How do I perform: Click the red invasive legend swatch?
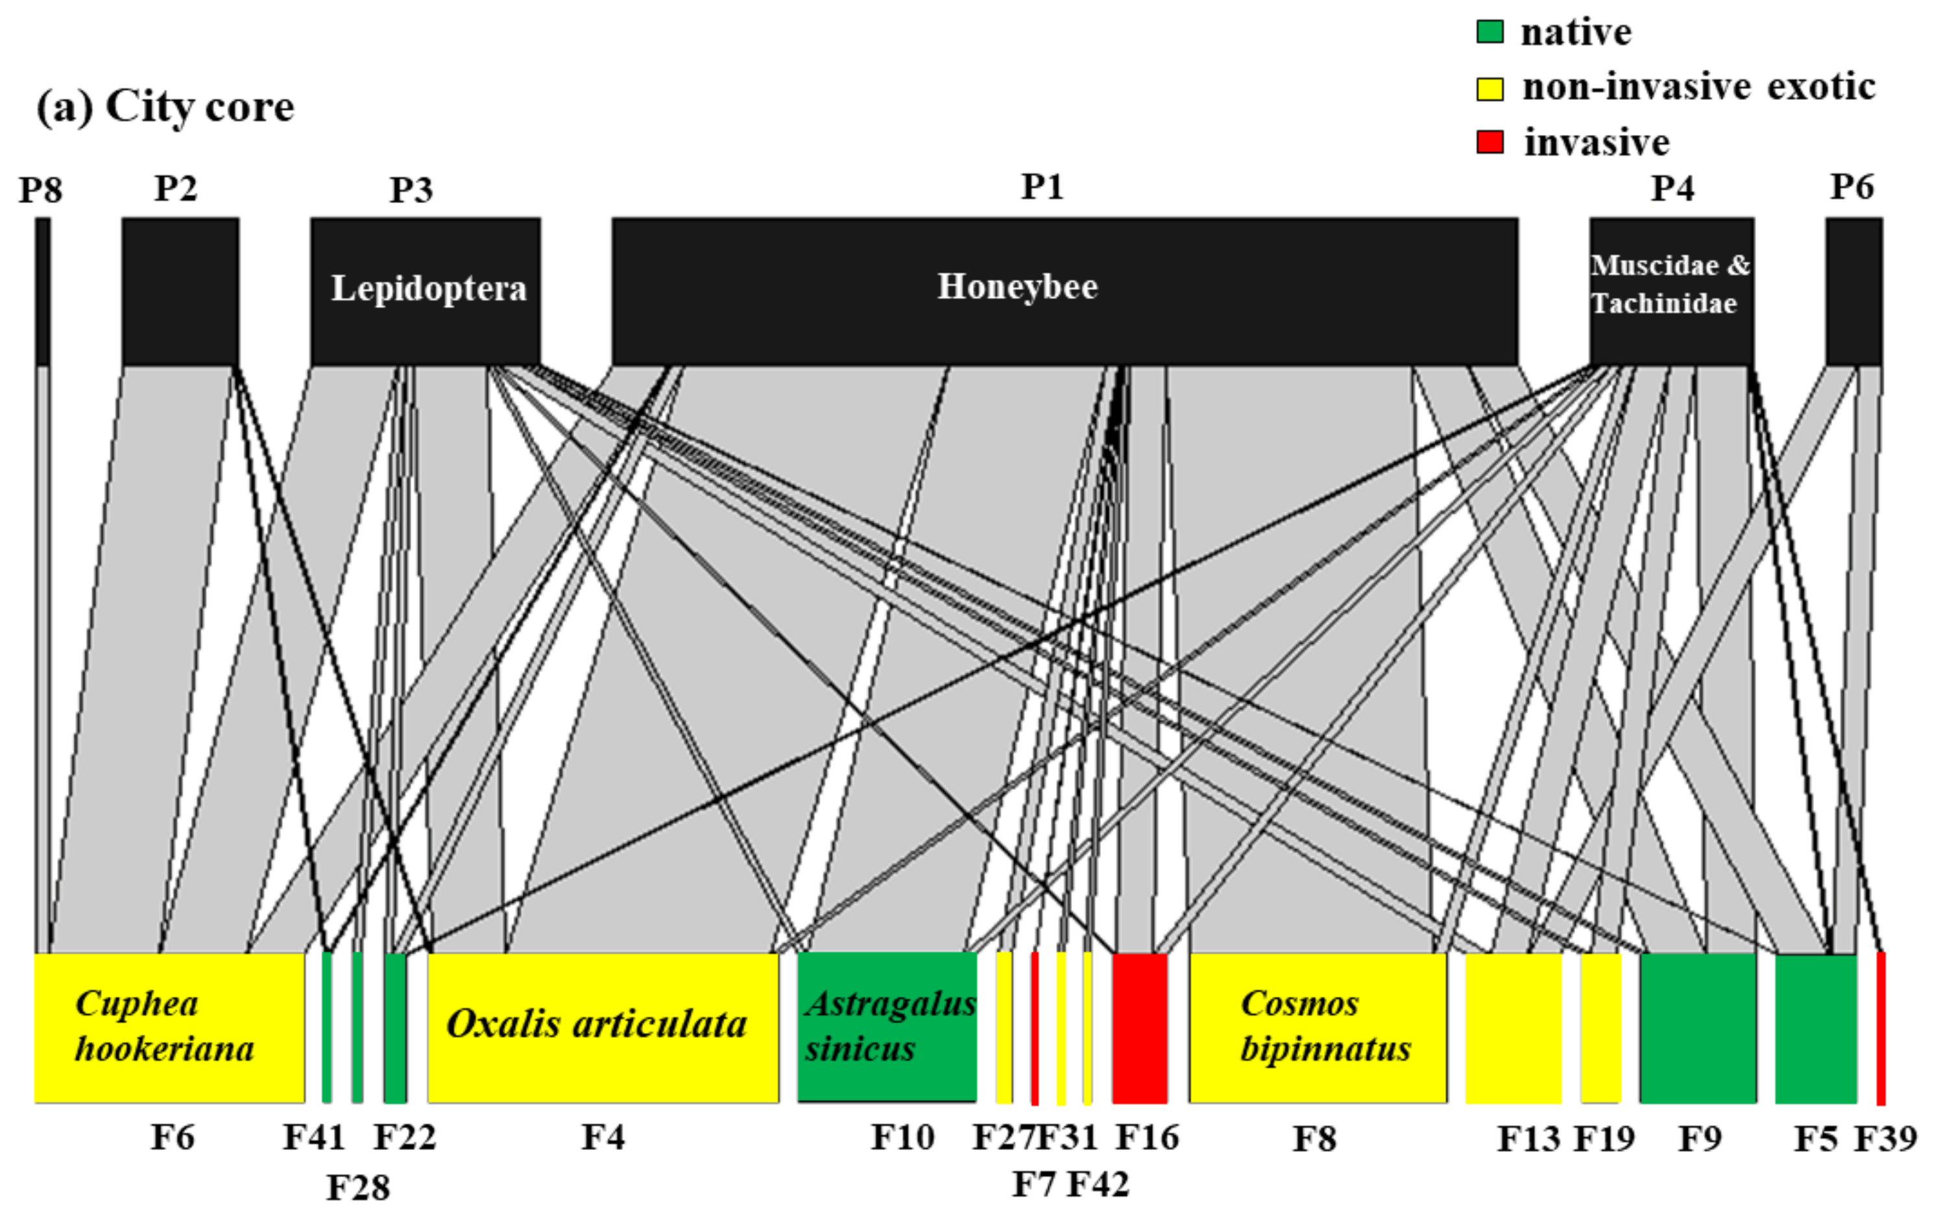(x=1489, y=142)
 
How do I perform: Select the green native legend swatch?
(x=1489, y=31)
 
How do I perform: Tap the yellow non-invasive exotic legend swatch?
(x=1489, y=87)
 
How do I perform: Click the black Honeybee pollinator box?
(x=1064, y=290)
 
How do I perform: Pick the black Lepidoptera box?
(x=426, y=290)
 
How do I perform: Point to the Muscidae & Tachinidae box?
(x=1672, y=290)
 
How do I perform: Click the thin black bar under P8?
(x=43, y=290)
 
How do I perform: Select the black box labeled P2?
(x=180, y=290)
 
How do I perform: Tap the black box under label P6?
(x=1854, y=290)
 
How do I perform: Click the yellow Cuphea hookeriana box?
(x=169, y=1027)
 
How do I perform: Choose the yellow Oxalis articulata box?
(x=603, y=1027)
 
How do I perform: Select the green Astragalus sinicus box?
(x=887, y=1027)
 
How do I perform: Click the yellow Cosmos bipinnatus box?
(x=1318, y=1027)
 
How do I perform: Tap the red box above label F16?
(x=1140, y=1027)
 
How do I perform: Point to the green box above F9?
(x=1698, y=1027)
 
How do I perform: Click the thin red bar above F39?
(x=1881, y=1027)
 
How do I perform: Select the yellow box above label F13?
(x=1513, y=1027)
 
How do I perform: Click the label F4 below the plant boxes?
(x=603, y=1137)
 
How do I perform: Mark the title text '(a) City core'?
(x=165, y=106)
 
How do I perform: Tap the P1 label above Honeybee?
(x=1043, y=187)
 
